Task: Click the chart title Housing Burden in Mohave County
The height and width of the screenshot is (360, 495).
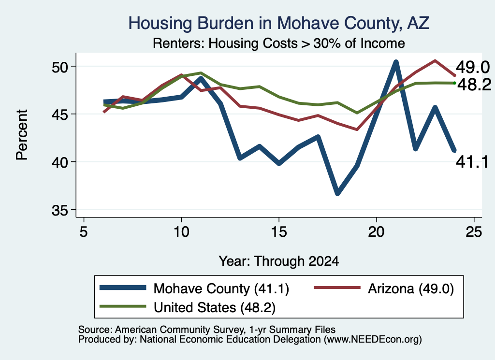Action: [x=278, y=23]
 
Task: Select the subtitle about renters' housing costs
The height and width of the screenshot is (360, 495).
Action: [x=279, y=43]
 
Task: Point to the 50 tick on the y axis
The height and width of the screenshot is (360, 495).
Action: [x=59, y=67]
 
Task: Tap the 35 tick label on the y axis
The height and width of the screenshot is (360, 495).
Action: [x=59, y=211]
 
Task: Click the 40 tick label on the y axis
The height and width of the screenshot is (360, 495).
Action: [x=59, y=163]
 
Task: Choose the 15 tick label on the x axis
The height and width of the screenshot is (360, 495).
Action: [x=279, y=232]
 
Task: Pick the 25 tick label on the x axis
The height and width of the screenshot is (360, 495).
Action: [x=474, y=232]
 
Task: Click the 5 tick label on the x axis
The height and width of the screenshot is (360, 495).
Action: [x=83, y=232]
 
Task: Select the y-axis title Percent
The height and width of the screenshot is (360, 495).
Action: [x=22, y=135]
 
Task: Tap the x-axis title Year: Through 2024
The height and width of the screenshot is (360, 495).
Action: [x=279, y=261]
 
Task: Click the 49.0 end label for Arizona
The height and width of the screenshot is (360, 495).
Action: [x=473, y=68]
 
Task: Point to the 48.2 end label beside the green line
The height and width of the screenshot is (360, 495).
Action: [x=474, y=85]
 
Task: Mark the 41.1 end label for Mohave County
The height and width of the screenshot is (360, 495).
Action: [x=472, y=162]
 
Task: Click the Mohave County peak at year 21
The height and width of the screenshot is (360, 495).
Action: [x=395, y=62]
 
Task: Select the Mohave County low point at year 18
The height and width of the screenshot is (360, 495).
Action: [x=337, y=193]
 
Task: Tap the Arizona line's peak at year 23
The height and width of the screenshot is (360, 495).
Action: [x=435, y=60]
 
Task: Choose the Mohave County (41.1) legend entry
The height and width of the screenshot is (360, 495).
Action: [x=194, y=288]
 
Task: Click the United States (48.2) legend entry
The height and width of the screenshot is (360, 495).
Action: [x=187, y=307]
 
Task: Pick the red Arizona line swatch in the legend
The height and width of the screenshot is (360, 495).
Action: [x=337, y=288]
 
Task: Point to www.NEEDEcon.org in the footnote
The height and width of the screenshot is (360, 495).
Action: [x=372, y=340]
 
